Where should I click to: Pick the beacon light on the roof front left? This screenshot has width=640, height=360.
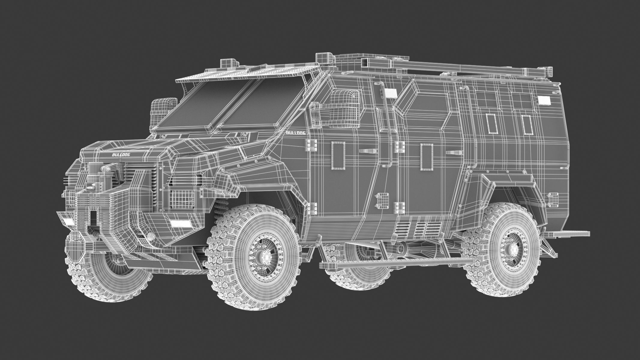(x=229, y=63)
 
